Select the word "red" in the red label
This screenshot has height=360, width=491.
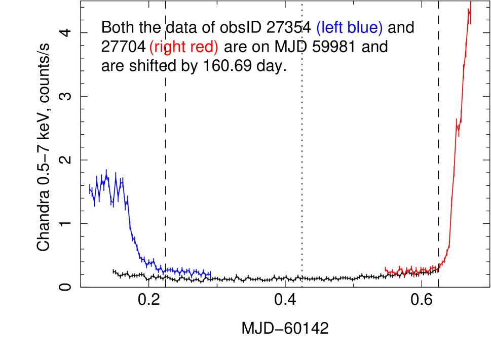[201, 47]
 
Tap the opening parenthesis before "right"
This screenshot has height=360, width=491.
[151, 48]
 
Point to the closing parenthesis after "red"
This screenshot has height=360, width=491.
[216, 48]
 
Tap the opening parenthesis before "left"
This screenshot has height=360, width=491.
[318, 28]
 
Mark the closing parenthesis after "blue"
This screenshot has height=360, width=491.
[381, 28]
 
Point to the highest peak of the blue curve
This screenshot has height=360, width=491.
[106, 170]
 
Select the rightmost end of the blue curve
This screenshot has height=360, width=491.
[210, 275]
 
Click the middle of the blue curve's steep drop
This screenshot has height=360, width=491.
[131, 228]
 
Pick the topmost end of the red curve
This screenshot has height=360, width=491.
[471, 2]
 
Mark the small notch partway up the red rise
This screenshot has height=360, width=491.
[458, 127]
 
